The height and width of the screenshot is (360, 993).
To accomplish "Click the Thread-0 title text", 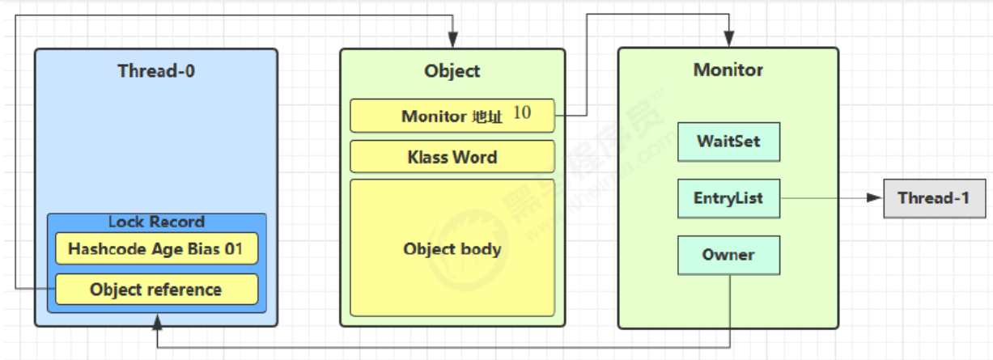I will tap(156, 70).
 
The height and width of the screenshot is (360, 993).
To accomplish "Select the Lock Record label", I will tap(156, 222).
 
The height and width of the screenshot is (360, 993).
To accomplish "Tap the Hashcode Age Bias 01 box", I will tap(156, 249).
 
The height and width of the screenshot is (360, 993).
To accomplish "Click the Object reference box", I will tap(156, 290).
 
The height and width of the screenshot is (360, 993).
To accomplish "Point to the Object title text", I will tap(452, 71).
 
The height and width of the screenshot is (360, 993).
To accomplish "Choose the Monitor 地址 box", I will tap(452, 116).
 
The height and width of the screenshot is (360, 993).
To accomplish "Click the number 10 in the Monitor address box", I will tap(522, 113).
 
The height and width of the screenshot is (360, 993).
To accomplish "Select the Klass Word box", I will tap(452, 157).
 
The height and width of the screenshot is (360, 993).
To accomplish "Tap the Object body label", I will tap(452, 249).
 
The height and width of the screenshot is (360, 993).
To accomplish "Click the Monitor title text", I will tap(728, 70).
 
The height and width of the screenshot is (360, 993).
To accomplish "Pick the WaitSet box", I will tap(728, 142).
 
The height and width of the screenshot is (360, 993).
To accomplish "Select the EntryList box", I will tap(728, 198).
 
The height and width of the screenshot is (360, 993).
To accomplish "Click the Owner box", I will tap(728, 255).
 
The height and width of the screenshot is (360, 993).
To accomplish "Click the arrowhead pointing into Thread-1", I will tap(873, 198).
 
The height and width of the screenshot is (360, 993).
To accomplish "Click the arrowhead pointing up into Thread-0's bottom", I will tap(156, 322).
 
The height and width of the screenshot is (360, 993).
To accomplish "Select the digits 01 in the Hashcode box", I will tap(233, 249).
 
